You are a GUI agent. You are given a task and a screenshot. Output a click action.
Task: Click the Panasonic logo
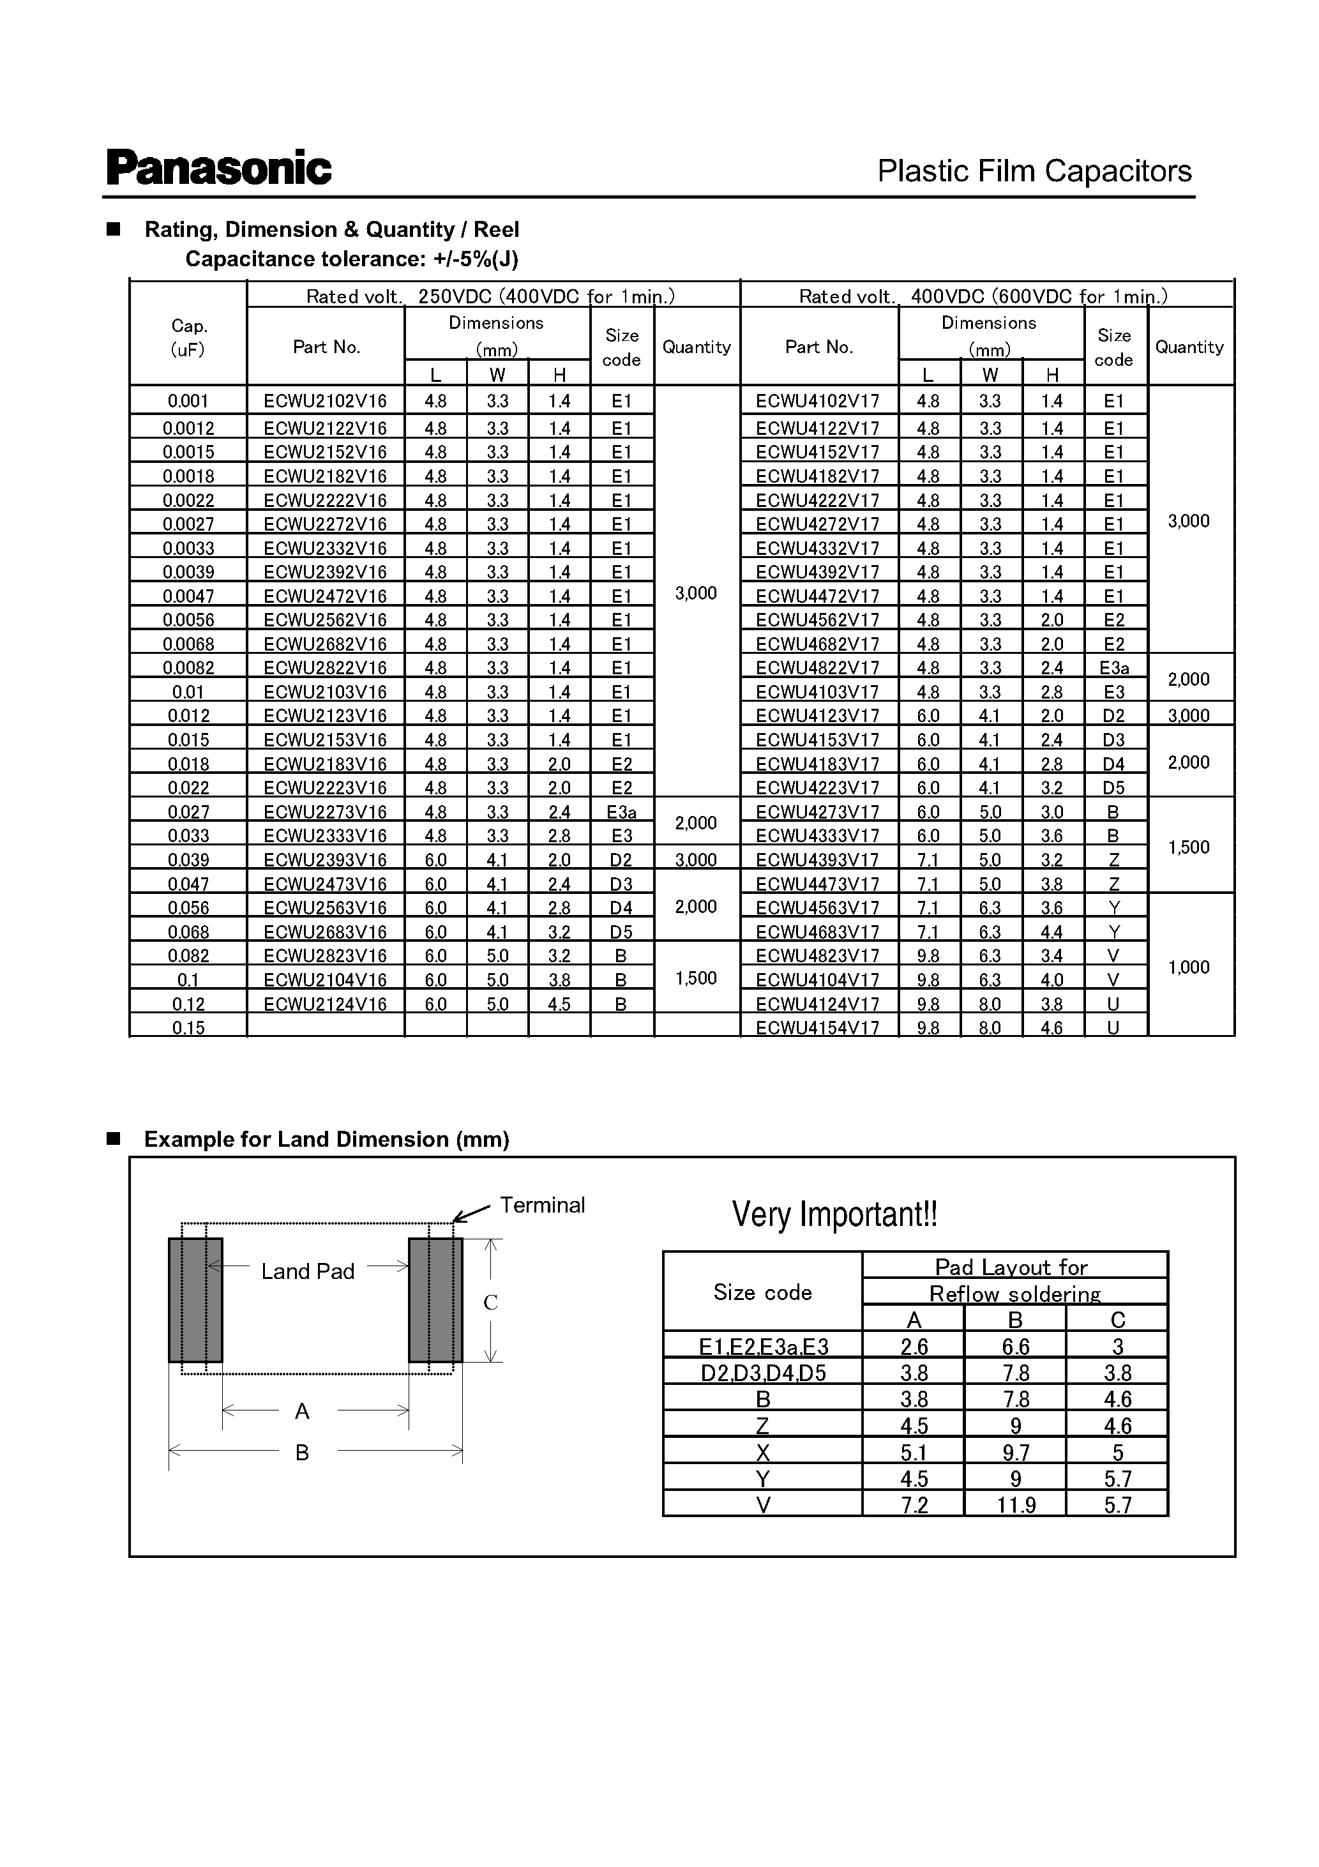coord(219,169)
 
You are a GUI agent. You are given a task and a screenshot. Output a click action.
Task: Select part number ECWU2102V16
coord(325,401)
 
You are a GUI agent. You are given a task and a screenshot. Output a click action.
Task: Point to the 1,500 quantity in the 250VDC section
coord(696,978)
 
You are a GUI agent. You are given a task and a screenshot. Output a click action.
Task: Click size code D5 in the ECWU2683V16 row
coord(621,932)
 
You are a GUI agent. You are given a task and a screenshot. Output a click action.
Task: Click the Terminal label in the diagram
coord(541,1205)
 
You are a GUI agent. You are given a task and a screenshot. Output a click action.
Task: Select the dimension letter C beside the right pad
coord(490,1303)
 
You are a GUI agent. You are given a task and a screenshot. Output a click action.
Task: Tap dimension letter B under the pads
coord(302,1453)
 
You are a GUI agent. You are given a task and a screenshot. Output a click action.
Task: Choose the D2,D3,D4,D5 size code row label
coord(763,1374)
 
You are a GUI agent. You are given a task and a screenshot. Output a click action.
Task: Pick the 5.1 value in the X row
coord(914,1453)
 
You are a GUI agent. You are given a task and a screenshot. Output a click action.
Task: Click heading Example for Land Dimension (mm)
coord(326,1139)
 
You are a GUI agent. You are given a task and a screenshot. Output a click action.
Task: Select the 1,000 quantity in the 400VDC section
coord(1188,967)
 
